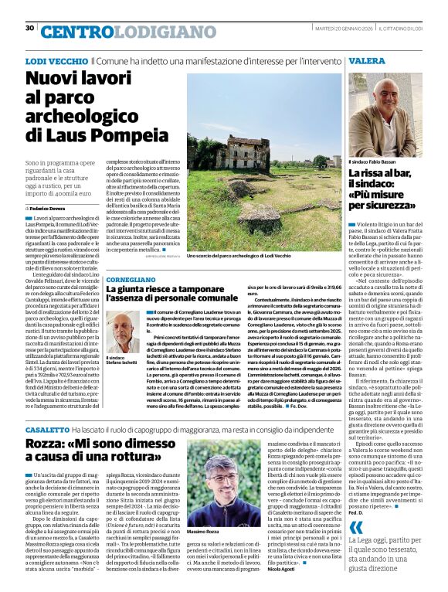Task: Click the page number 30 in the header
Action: coord(29,29)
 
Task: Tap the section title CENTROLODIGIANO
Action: coord(117,32)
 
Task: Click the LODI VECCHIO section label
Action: coord(56,60)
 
